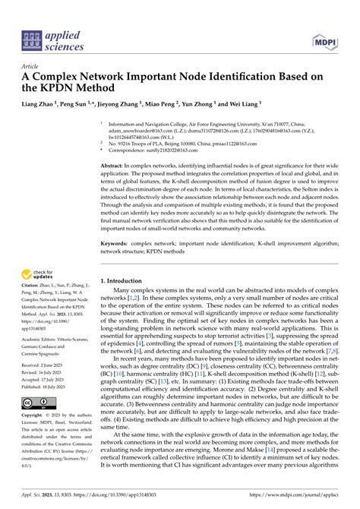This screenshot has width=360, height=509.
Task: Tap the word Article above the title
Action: coord(33,67)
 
